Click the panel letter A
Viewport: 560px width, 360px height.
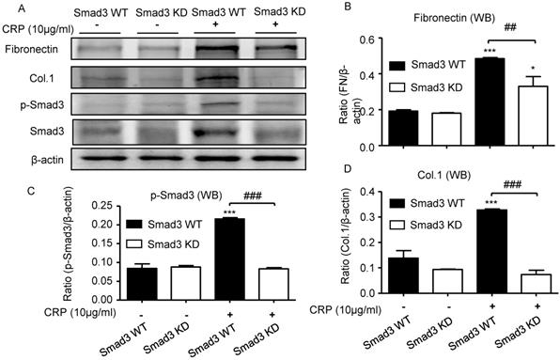[x=8, y=8]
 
